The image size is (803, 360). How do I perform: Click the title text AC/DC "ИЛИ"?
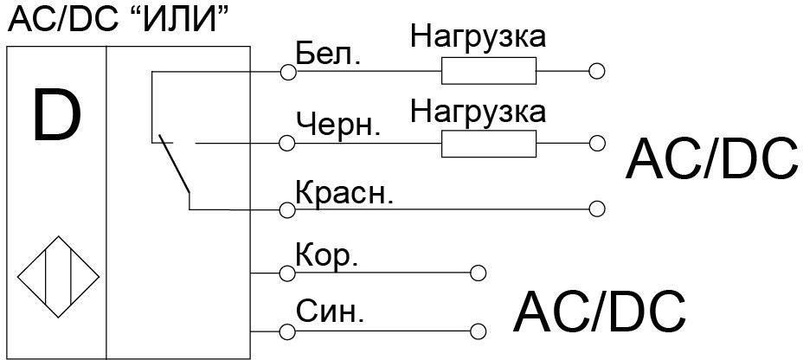tap(122, 20)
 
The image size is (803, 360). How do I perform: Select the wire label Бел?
tap(328, 54)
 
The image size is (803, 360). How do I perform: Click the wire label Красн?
tap(344, 191)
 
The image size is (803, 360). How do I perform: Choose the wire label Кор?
tap(326, 256)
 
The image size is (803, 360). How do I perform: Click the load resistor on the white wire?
tap(488, 71)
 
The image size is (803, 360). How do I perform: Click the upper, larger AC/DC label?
tap(711, 158)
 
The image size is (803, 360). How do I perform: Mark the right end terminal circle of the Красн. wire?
tap(595, 209)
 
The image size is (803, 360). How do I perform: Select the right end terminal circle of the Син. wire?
tap(478, 331)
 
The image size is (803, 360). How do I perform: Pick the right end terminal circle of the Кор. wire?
tap(478, 273)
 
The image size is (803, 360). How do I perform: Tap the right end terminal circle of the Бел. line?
tap(595, 71)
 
